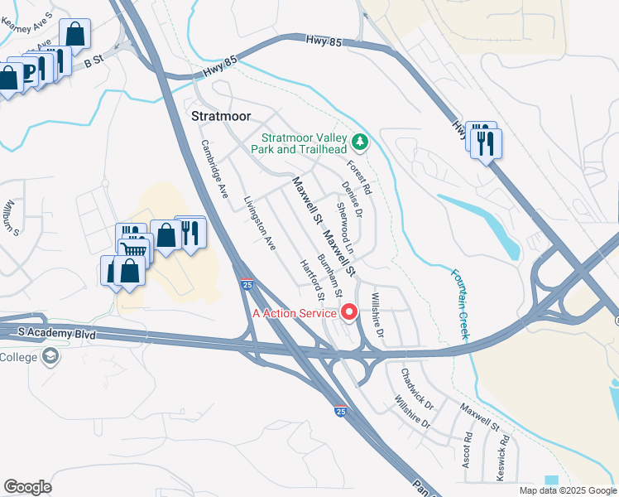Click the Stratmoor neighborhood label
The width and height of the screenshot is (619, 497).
220,116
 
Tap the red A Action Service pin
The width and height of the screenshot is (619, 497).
349,312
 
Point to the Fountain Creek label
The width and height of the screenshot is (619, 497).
460,303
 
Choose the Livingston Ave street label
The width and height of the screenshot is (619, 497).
260,223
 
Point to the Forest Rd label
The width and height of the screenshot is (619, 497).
361,176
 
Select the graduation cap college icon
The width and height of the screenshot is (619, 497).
50,356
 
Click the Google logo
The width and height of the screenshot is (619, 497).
27,487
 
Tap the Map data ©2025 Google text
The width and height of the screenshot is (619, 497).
567,490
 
